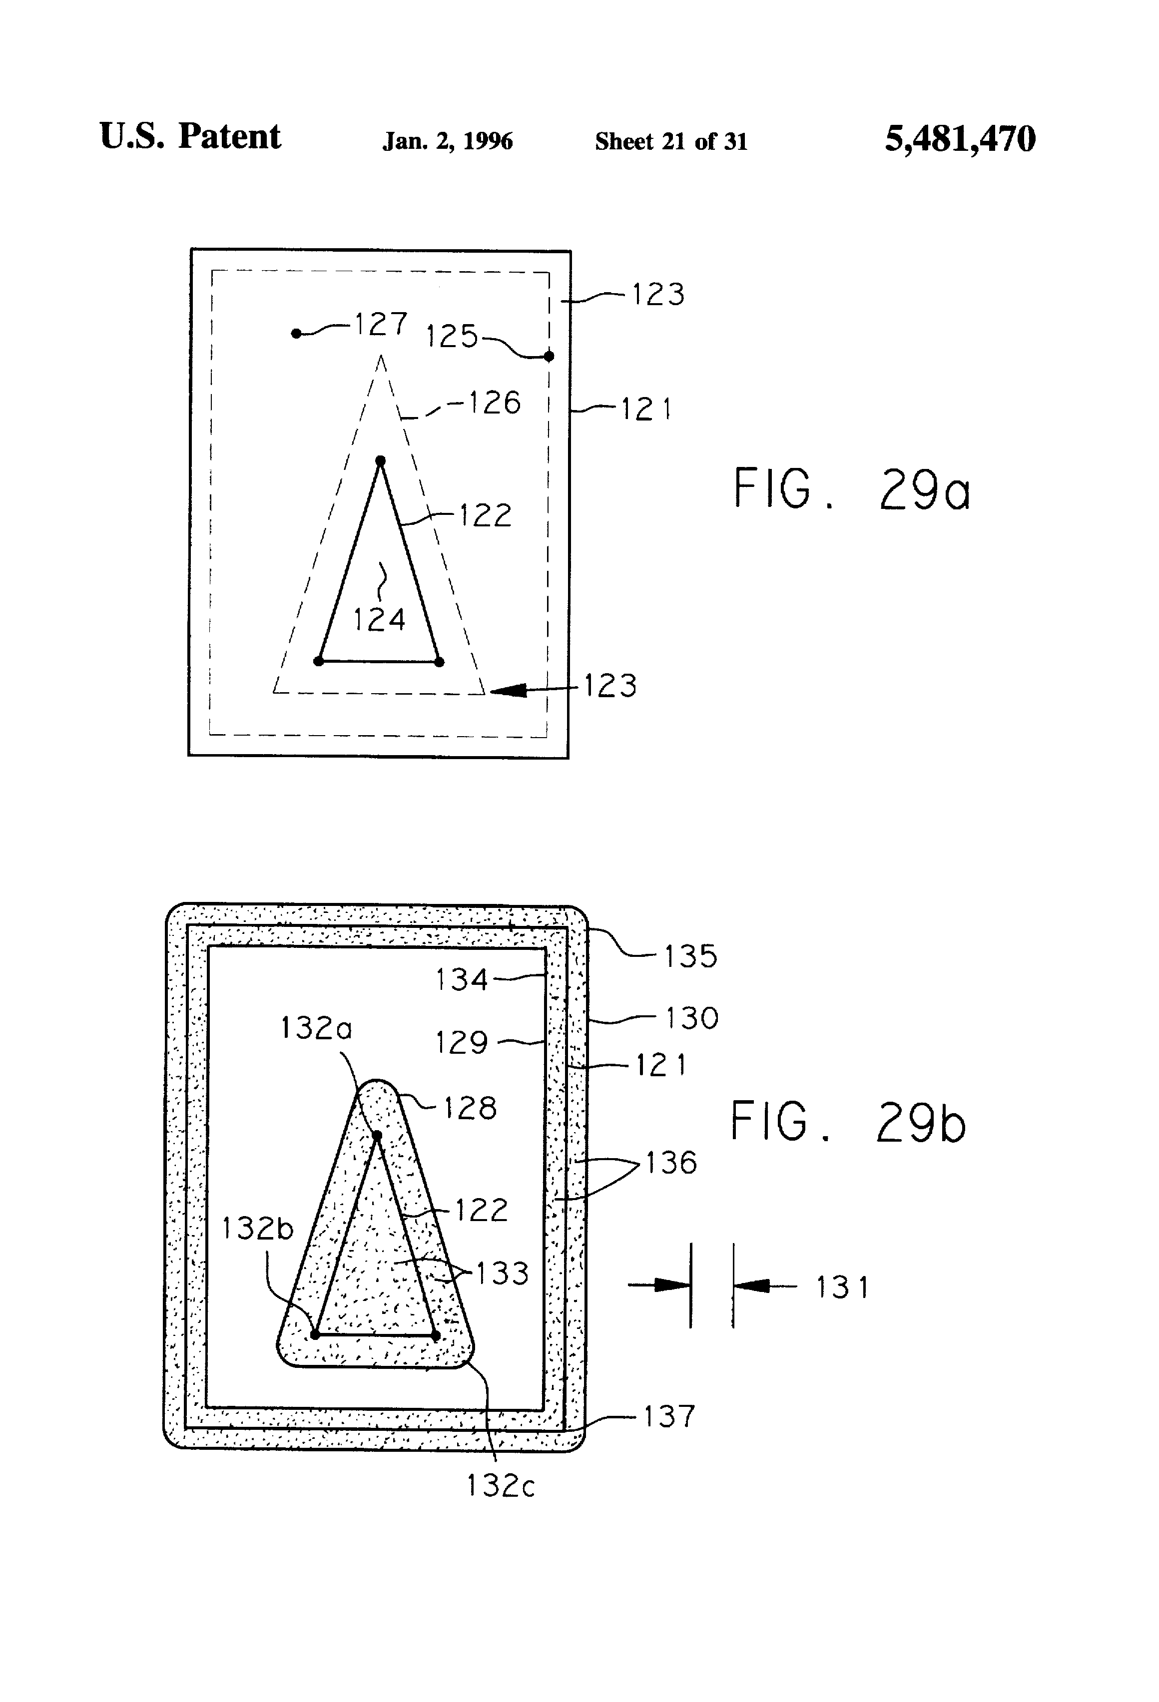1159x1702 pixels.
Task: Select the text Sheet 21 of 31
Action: [x=671, y=141]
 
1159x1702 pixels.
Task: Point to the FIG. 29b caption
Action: [x=848, y=1122]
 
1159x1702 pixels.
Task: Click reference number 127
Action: [x=381, y=324]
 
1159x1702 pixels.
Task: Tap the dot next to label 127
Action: [x=296, y=333]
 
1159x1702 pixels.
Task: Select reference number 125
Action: [x=451, y=336]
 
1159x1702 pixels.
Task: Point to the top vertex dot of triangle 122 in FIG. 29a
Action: [x=380, y=460]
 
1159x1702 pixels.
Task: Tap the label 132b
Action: [x=257, y=1228]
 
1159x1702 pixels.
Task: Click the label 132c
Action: [x=501, y=1485]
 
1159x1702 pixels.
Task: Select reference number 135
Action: [x=690, y=956]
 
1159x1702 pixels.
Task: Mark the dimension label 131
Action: [x=842, y=1287]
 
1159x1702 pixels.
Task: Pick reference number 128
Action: [x=470, y=1108]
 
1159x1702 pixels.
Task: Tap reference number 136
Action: [x=670, y=1162]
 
